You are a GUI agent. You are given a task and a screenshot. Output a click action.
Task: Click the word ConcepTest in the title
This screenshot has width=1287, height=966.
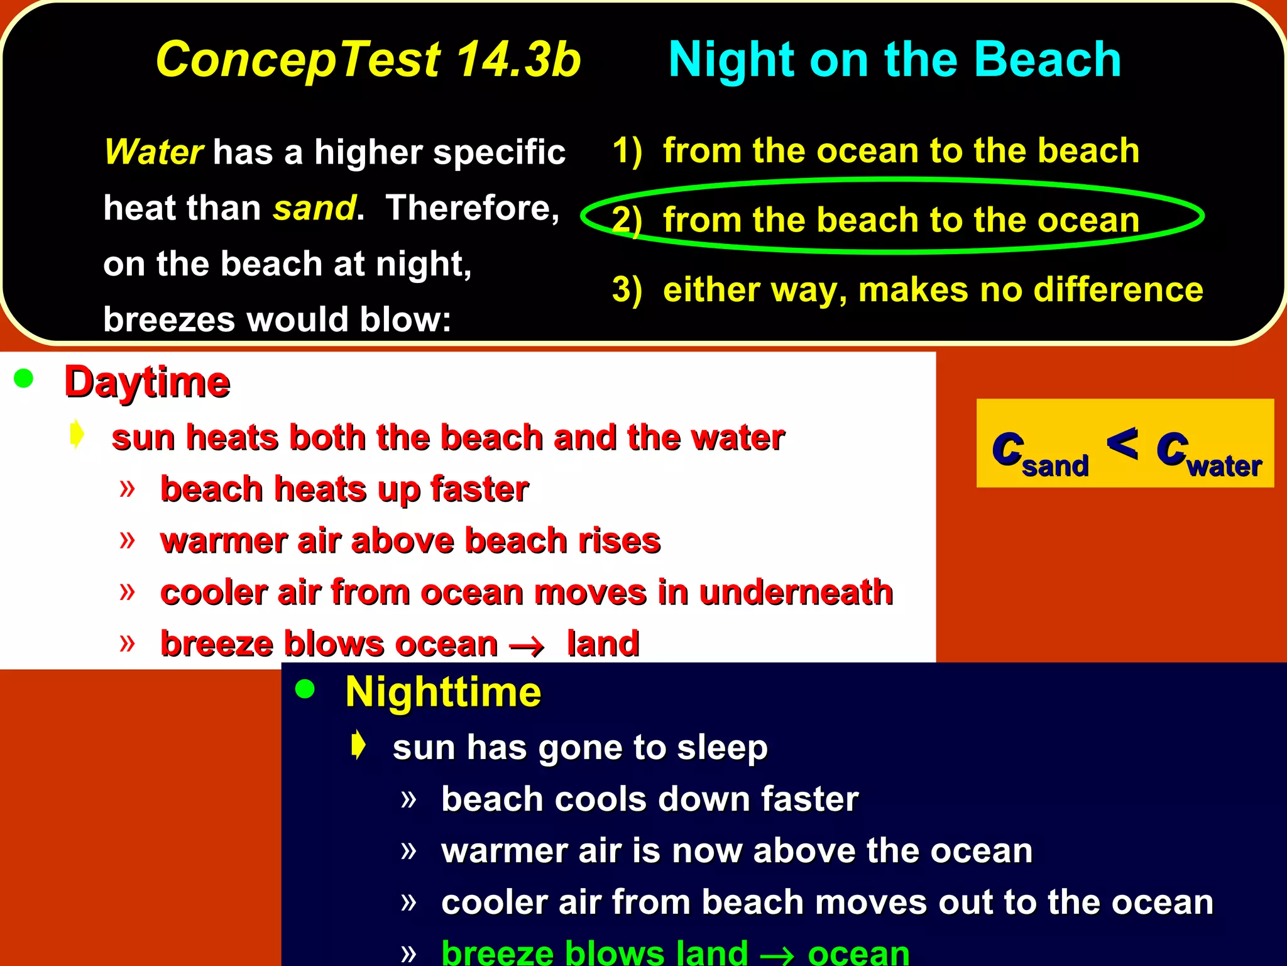coord(298,60)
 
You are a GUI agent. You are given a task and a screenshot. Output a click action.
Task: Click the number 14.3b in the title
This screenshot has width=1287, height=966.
coord(518,60)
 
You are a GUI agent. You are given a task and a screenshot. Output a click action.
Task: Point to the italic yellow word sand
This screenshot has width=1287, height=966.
coord(314,208)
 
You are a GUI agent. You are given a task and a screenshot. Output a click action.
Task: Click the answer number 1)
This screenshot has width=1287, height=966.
coord(627,152)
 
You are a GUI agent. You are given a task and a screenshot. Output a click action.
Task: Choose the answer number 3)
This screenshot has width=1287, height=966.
coord(627,290)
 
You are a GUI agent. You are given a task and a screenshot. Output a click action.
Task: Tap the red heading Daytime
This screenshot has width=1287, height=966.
coord(148,382)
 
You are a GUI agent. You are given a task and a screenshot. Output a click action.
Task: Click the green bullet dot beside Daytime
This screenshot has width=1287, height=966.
coord(24,379)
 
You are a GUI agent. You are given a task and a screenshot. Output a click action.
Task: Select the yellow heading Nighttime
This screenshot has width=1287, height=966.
coord(443,692)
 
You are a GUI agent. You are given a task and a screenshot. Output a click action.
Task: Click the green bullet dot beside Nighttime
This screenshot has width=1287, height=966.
coord(305,689)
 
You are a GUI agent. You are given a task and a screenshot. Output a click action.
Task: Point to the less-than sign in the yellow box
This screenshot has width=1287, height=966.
coord(1122,443)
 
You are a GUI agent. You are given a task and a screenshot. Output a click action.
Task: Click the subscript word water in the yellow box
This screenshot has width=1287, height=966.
coord(1224,467)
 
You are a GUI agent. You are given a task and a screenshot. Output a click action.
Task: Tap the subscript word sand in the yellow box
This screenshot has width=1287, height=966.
coord(1055,467)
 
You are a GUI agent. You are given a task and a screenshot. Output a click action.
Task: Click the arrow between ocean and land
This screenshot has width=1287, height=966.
coord(527,647)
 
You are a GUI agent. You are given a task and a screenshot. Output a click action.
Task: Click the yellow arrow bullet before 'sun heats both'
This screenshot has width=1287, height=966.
coord(77,434)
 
